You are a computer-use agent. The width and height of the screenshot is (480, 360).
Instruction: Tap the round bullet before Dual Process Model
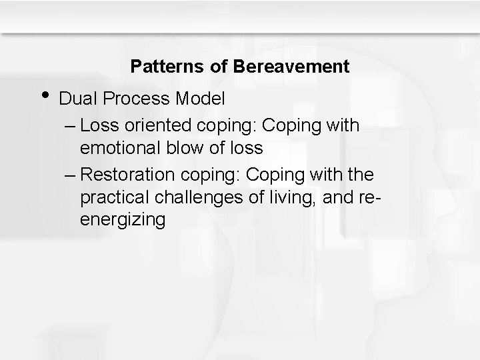pos(43,95)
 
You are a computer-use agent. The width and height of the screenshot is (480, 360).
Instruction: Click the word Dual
pos(75,99)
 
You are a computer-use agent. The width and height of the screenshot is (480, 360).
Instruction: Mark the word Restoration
pos(126,175)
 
